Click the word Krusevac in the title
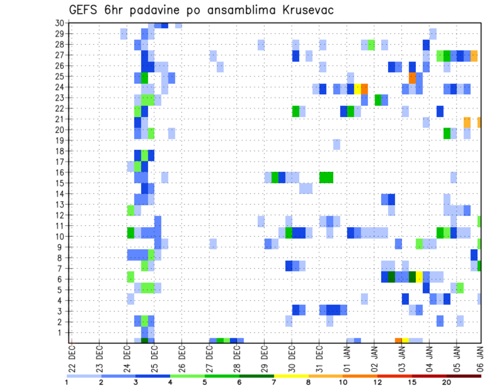[307, 10]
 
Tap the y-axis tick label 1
[61, 332]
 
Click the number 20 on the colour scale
[447, 382]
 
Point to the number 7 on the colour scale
[274, 382]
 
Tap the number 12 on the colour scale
[377, 382]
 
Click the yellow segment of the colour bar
[291, 376]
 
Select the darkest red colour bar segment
[464, 376]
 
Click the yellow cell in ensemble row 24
[358, 88]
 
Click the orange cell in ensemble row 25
[412, 77]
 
